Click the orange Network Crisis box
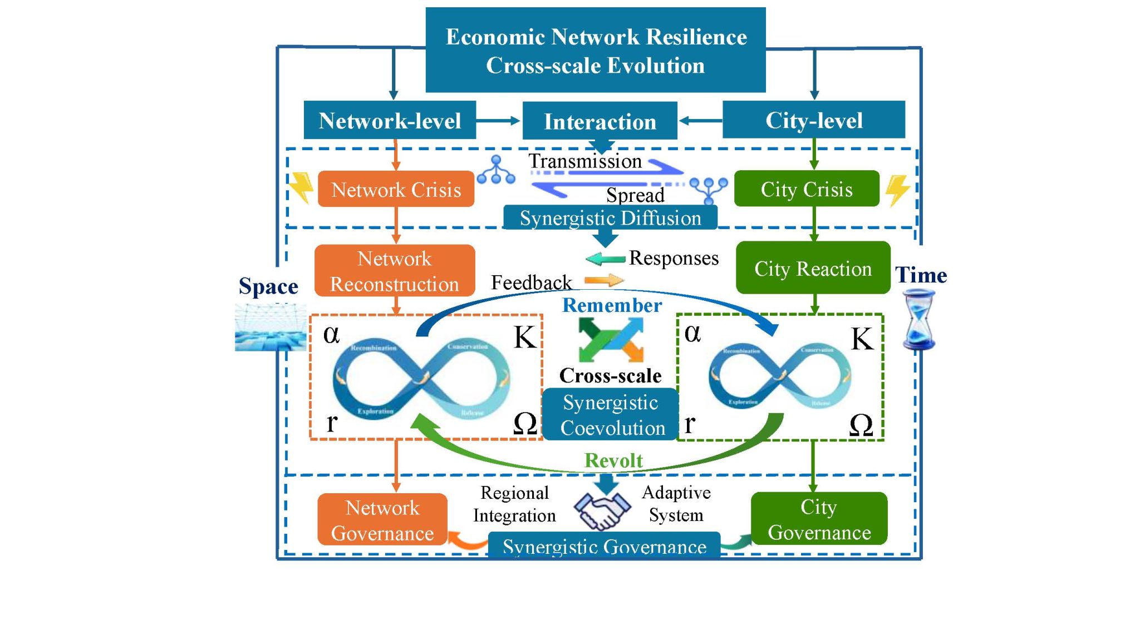point(396,189)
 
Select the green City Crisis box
point(806,189)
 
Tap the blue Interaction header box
point(600,121)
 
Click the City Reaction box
point(813,268)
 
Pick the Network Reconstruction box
point(395,271)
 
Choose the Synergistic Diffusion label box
point(610,217)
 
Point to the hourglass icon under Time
point(919,320)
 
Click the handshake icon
point(602,509)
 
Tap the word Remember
point(612,305)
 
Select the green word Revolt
point(613,460)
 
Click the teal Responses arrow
point(605,259)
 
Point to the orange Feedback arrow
point(604,280)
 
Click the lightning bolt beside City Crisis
point(897,190)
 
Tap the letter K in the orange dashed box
point(524,337)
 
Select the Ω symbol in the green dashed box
point(861,425)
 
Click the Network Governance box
point(382,520)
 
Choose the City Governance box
point(819,519)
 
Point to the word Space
point(268,286)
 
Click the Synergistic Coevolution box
point(611,415)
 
